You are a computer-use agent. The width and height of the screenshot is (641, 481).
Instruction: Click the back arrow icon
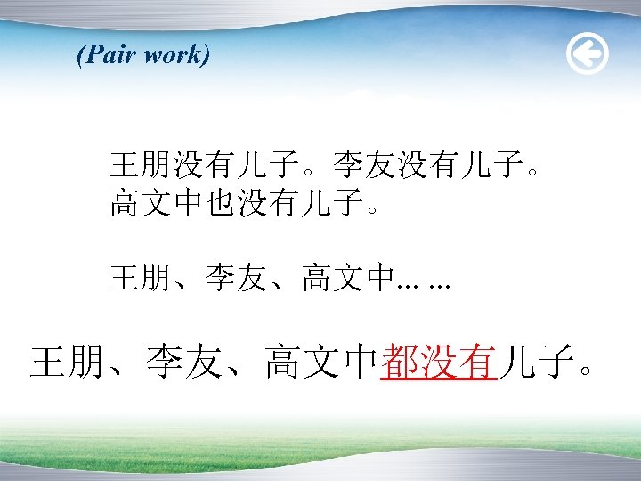(x=587, y=55)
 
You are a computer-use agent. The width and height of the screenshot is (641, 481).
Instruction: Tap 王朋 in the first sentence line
(x=141, y=164)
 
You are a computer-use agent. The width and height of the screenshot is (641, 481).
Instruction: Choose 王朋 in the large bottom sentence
(x=69, y=363)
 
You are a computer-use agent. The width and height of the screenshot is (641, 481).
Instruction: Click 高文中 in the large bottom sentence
(x=322, y=363)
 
